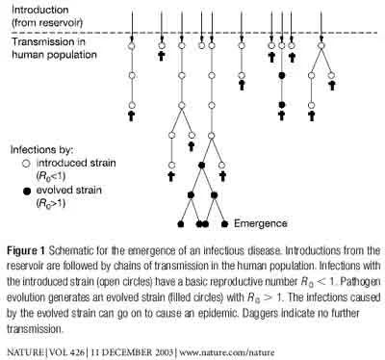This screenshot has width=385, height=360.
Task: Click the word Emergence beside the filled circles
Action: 261,223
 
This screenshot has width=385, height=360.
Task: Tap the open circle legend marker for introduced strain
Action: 27,164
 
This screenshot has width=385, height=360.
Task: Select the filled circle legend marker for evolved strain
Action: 27,192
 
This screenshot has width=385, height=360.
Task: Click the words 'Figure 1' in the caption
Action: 26,250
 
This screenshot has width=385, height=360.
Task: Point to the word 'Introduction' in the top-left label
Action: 40,10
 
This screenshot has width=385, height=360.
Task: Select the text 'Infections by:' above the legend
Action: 41,150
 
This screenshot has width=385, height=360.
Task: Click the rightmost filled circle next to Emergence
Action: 224,224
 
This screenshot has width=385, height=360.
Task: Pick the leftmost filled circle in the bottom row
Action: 181,224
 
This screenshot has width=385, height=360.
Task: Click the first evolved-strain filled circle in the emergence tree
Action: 201,166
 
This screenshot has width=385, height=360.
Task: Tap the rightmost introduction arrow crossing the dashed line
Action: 321,25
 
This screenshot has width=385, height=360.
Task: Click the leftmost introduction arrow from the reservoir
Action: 132,25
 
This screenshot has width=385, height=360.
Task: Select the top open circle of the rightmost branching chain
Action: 321,46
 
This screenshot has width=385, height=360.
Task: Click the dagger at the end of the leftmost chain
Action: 131,116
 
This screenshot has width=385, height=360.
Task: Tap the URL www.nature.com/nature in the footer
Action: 227,352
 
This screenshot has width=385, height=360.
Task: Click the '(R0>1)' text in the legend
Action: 51,203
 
